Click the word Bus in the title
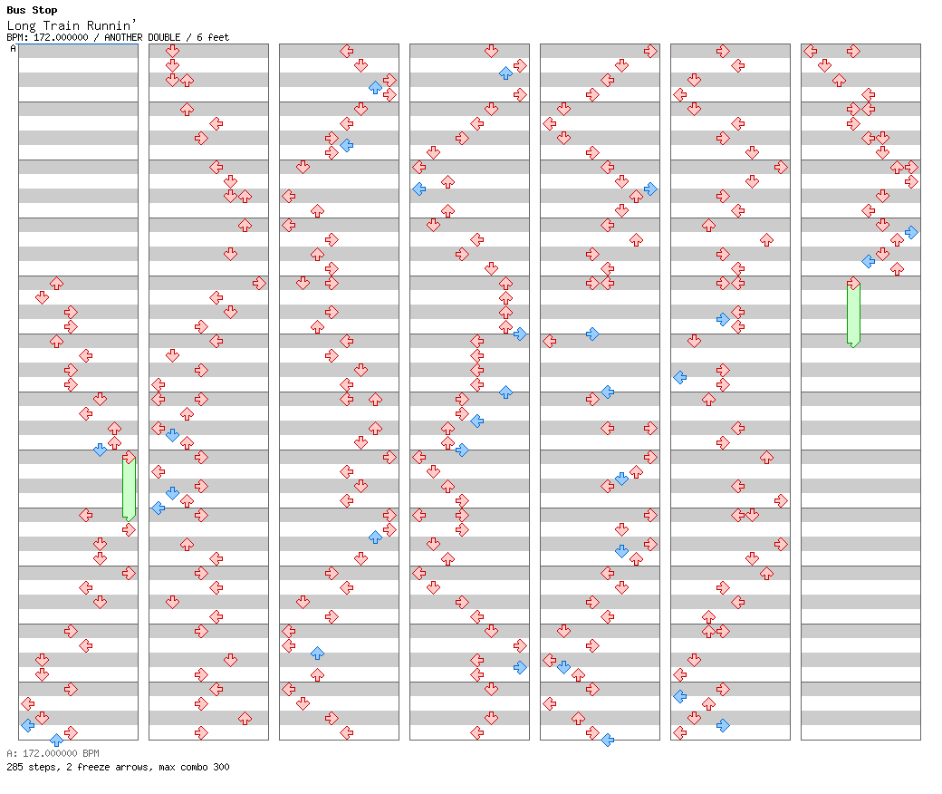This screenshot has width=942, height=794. pyautogui.click(x=15, y=11)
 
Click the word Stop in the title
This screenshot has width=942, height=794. pyautogui.click(x=44, y=11)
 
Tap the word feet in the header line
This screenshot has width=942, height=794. pyautogui.click(x=218, y=38)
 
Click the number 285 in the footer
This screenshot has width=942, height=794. pyautogui.click(x=14, y=767)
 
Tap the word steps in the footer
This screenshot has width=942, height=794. pyautogui.click(x=42, y=767)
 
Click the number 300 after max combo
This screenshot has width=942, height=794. pyautogui.click(x=220, y=767)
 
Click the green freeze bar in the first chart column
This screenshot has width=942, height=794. pyautogui.click(x=129, y=489)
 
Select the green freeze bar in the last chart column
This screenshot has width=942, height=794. pyautogui.click(x=853, y=314)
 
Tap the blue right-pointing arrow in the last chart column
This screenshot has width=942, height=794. pyautogui.click(x=911, y=232)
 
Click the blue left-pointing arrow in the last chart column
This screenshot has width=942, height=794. pyautogui.click(x=868, y=261)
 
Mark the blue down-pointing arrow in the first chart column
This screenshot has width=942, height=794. pyautogui.click(x=100, y=450)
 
